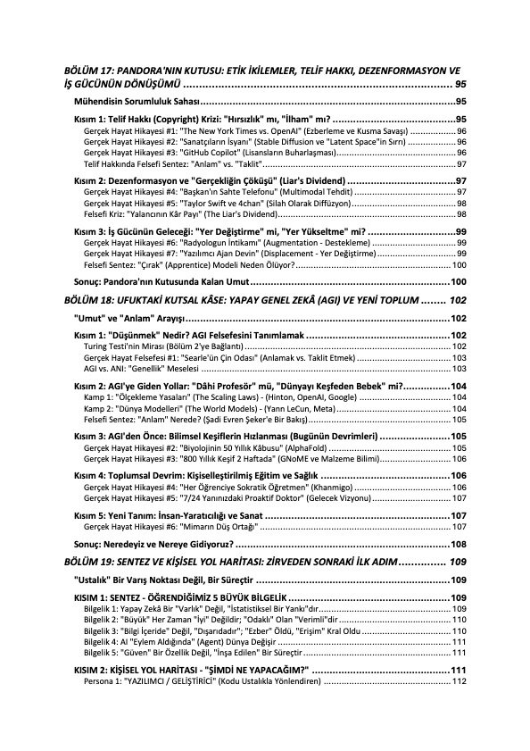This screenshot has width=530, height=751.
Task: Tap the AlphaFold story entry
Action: point(205,447)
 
